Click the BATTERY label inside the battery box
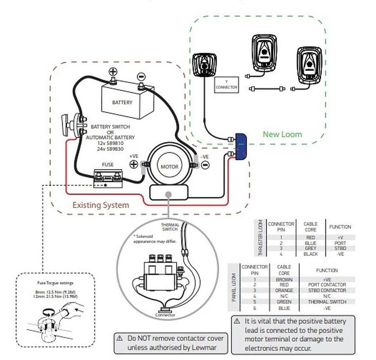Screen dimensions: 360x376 tap(122, 102)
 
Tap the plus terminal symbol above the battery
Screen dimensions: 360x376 tap(113, 72)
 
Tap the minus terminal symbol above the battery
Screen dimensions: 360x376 tap(141, 76)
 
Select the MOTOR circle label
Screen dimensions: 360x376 tap(169, 166)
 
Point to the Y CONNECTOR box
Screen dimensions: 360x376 tap(226, 85)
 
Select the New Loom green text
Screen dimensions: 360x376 tap(282, 134)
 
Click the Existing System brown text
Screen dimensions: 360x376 tap(100, 205)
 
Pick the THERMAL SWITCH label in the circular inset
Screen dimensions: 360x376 tap(170, 227)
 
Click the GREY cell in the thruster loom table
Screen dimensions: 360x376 tap(310, 248)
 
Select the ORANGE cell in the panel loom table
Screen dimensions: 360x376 tap(284, 290)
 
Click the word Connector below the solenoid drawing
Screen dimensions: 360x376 tap(165, 315)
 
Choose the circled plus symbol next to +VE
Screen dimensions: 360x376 tap(133, 164)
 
